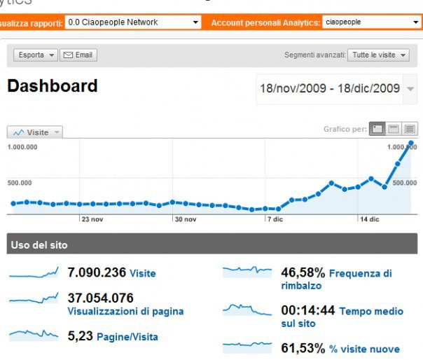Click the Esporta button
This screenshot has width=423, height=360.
pos(35,55)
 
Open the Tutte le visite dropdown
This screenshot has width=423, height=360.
pos(380,55)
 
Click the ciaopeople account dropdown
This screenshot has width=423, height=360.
pos(371,22)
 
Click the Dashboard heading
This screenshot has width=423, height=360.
pos(52,86)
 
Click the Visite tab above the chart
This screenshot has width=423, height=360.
pos(35,132)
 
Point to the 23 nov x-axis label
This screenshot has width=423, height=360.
pos(92,219)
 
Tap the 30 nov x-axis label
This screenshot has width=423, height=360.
pos(185,219)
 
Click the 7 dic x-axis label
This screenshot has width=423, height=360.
pos(275,219)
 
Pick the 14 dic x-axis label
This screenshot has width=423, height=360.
pos(368,219)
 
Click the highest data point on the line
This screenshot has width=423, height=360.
pos(410,143)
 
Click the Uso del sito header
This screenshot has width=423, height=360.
pos(39,245)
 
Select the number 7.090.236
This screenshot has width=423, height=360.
pos(97,272)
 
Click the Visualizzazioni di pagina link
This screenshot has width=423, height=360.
pos(125,311)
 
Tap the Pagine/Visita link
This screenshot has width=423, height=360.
pos(127,337)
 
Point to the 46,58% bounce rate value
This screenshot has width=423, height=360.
pos(303,272)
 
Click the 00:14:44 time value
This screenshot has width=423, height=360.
pos(307,310)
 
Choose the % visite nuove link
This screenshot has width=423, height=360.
pos(363,349)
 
